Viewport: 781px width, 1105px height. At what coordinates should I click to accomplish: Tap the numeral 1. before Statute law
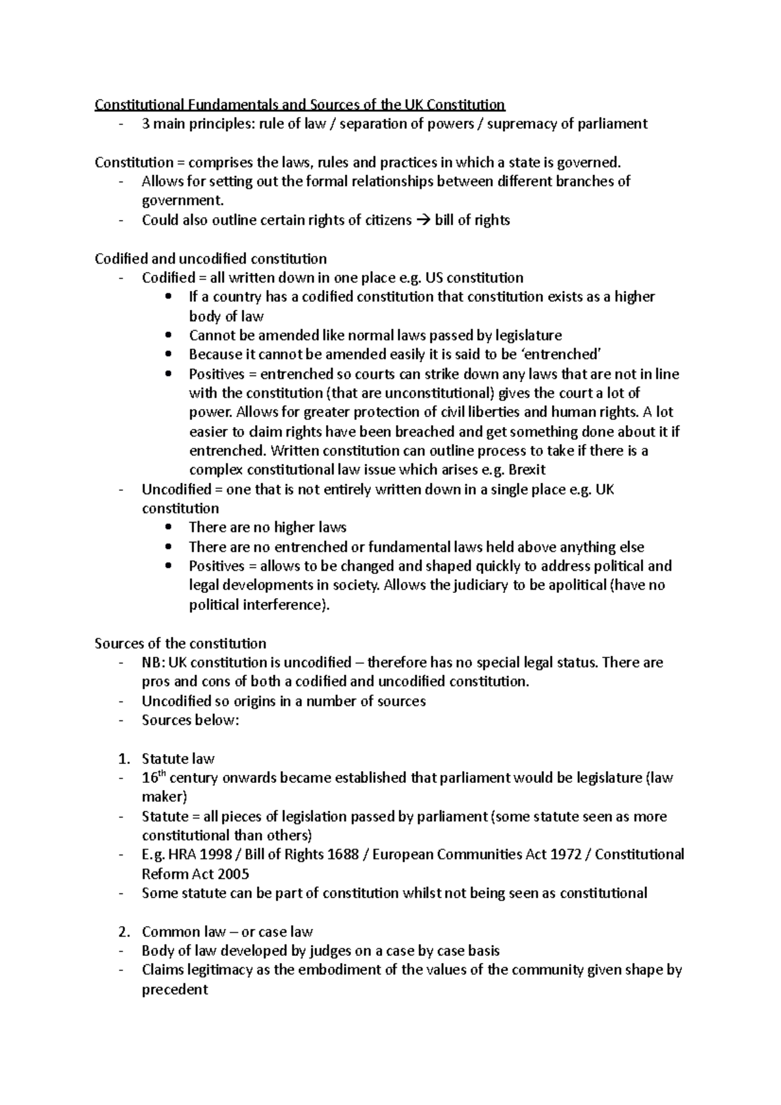click(x=124, y=759)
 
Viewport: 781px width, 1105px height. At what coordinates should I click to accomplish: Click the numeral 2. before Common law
click(x=124, y=932)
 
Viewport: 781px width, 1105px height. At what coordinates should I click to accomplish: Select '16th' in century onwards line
click(x=154, y=777)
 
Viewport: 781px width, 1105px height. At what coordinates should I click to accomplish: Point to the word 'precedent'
click(x=174, y=990)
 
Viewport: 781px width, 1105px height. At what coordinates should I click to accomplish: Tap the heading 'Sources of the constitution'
click(x=180, y=644)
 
